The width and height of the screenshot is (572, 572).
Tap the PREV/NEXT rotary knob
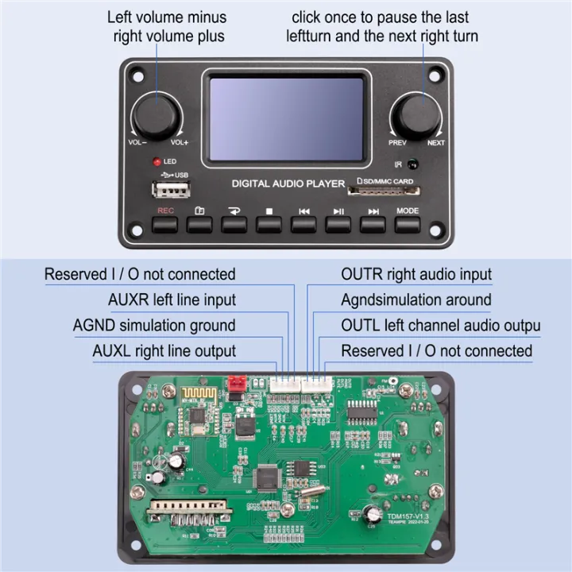point(415,116)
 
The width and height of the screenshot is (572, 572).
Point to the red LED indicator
point(157,161)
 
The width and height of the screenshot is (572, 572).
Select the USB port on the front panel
point(171,189)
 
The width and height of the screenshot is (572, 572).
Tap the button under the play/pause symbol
point(338,225)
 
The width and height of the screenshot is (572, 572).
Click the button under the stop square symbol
point(269,225)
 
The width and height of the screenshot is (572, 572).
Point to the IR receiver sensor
point(412,164)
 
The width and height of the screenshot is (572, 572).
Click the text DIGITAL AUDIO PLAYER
point(288,184)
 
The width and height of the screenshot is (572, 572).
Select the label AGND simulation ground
point(154,326)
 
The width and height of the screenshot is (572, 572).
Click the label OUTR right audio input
point(416,274)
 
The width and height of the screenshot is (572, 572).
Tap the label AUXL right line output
point(164,351)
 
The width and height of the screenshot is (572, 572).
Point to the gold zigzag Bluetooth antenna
point(198,394)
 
